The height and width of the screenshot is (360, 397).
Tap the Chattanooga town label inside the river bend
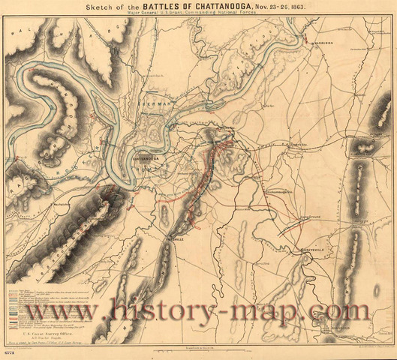[146, 159]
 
